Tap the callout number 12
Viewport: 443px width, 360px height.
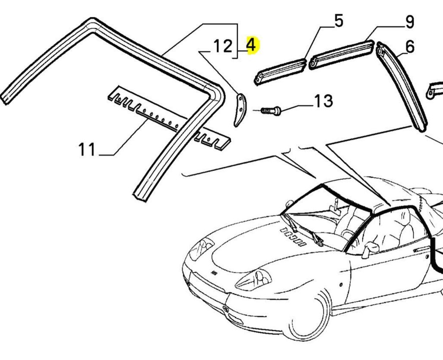(222, 46)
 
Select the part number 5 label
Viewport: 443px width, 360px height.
(338, 21)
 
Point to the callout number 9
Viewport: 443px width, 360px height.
(409, 22)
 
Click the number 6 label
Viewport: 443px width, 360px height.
(410, 46)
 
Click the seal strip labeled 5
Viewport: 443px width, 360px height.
(281, 71)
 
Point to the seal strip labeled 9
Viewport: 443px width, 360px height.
(342, 54)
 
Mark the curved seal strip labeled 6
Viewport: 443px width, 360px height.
(402, 86)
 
